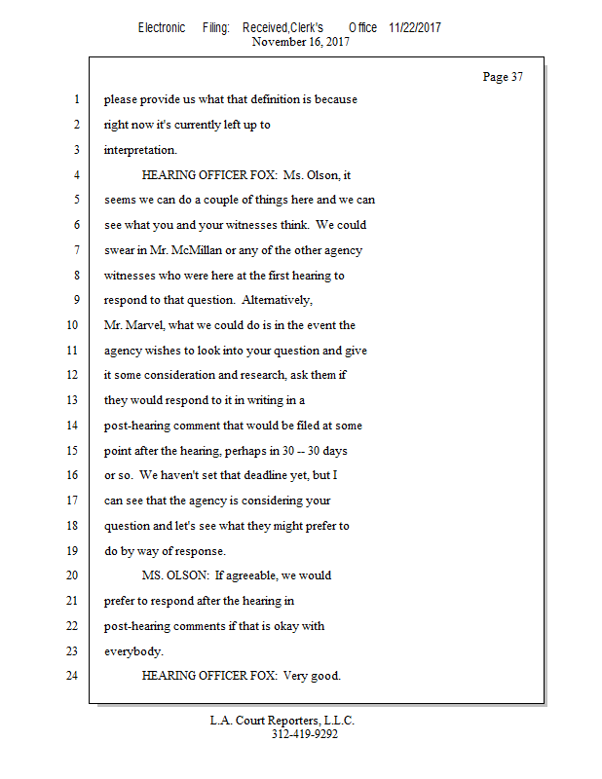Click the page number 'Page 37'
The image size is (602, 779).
(503, 77)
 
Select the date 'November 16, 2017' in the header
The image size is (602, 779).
(300, 42)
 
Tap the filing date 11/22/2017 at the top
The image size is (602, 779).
(414, 27)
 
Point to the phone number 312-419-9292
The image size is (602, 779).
(304, 734)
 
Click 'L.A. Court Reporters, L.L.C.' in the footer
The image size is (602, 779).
(282, 721)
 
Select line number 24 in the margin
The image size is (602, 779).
(70, 675)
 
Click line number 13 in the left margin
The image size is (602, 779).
(70, 400)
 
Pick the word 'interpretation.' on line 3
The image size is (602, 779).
(140, 150)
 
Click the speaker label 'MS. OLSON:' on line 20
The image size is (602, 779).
(174, 575)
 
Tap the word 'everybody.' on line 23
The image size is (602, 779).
(133, 651)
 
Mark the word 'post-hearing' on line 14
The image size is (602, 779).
(139, 426)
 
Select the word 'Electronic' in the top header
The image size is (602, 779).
(162, 27)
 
